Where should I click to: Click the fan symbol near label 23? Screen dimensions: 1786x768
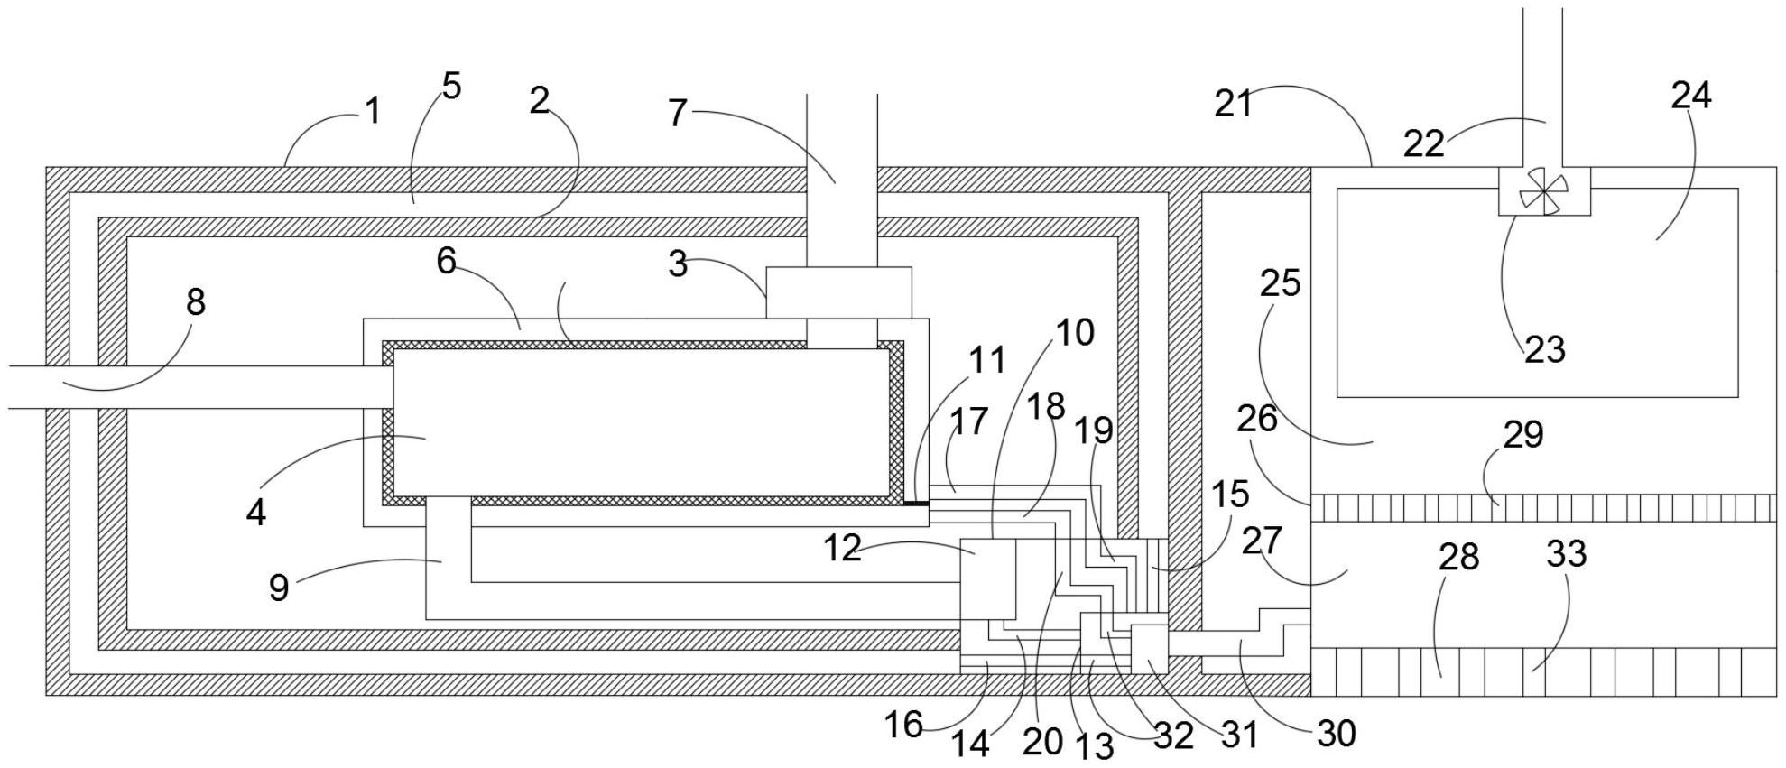coord(1544,191)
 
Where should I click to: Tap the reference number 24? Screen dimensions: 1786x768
coord(1691,95)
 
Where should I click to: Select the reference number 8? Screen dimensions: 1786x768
coord(196,302)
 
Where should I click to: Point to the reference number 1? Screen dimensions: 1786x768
coord(373,112)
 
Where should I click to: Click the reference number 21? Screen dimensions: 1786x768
coord(1234,104)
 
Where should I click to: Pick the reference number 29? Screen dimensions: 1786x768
coord(1523,435)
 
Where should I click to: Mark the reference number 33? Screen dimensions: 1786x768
coord(1567,552)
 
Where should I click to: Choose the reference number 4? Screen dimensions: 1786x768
coord(256,514)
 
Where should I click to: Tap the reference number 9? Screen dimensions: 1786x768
coord(279,588)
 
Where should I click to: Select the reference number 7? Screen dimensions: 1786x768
coord(678,113)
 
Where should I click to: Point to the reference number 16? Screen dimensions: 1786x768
coord(904,725)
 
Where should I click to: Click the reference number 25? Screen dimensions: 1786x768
coord(1280,282)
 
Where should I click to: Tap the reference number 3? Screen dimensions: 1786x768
coord(678,264)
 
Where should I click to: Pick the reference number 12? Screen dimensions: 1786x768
coord(843,549)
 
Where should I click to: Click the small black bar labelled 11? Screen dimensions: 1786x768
coord(916,503)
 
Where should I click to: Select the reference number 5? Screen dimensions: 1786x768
coord(451,86)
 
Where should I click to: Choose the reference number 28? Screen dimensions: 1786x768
coord(1458,557)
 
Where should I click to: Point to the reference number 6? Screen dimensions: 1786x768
coord(447,261)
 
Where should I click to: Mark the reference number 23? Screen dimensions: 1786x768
coord(1545,349)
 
